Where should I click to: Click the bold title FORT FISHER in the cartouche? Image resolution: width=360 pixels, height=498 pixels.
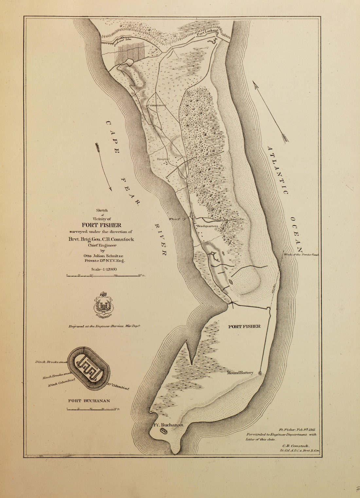[x=101, y=225]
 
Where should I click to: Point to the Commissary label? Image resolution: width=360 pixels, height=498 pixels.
[x=157, y=105]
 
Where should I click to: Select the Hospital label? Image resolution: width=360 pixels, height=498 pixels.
[x=163, y=159]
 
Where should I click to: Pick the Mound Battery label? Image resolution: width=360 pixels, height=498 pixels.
[x=240, y=373]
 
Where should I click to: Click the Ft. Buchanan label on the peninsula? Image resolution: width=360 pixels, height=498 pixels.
[x=168, y=425]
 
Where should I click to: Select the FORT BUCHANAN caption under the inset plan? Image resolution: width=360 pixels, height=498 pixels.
[x=89, y=400]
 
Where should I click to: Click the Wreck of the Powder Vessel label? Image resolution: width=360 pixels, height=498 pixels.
[x=301, y=254]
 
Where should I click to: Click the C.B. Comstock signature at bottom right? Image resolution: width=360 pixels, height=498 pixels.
[x=296, y=446]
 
